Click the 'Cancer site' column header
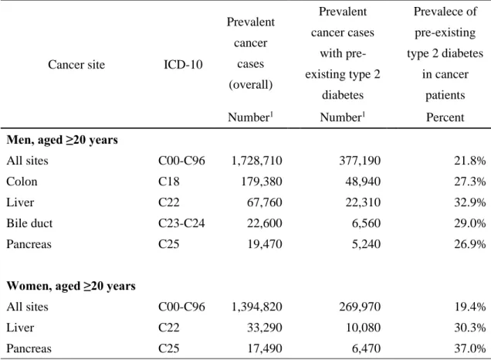pyautogui.click(x=76, y=65)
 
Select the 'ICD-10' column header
pyautogui.click(x=183, y=65)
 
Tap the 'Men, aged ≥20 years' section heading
pyautogui.click(x=62, y=140)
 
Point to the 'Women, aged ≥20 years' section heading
pyautogui.click(x=71, y=286)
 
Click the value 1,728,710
pyautogui.click(x=257, y=161)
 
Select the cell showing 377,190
pyautogui.click(x=360, y=161)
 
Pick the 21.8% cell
pyautogui.click(x=470, y=161)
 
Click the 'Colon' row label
pyautogui.click(x=22, y=182)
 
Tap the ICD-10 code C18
pyautogui.click(x=169, y=182)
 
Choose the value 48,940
pyautogui.click(x=363, y=182)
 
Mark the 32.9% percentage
pyautogui.click(x=470, y=202)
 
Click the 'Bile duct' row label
pyautogui.click(x=29, y=223)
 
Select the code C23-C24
pyautogui.click(x=181, y=223)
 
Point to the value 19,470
pyautogui.click(x=265, y=244)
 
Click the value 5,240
pyautogui.click(x=366, y=244)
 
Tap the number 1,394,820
pyautogui.click(x=257, y=307)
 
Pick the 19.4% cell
pyautogui.click(x=470, y=307)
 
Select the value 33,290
pyautogui.click(x=265, y=328)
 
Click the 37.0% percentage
pyautogui.click(x=470, y=348)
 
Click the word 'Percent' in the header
pyautogui.click(x=445, y=117)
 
